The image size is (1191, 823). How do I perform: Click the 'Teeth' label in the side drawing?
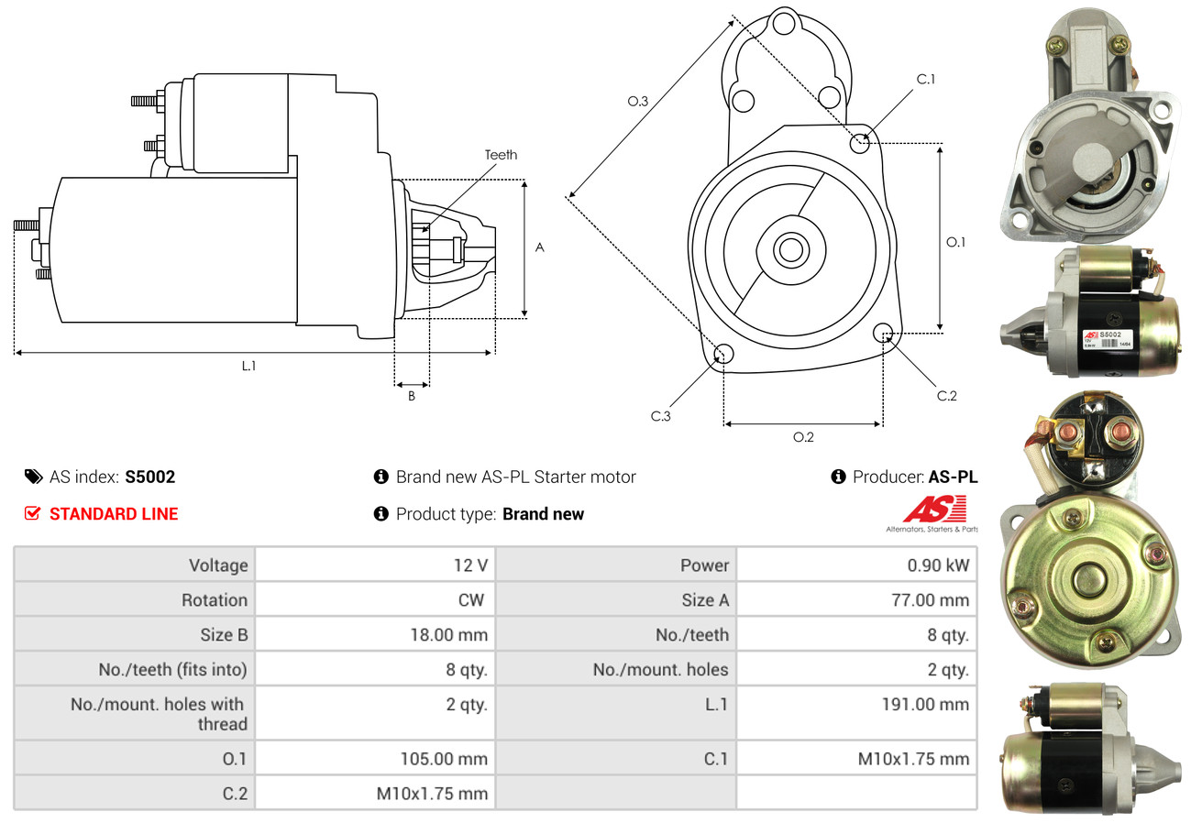coord(501,155)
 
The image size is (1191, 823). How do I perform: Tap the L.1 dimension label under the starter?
coord(248,366)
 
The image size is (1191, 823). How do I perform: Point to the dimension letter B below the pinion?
coord(412,396)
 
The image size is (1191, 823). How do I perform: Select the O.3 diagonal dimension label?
coord(638,102)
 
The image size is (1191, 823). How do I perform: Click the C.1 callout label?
coord(925,79)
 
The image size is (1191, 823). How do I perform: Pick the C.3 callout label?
coord(661,416)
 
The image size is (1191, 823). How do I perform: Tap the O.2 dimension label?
coord(803,437)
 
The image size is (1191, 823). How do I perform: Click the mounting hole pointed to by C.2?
coord(884,332)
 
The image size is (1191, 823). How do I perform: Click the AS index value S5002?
coord(149,477)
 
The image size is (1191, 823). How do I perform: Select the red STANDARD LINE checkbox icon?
coord(32,513)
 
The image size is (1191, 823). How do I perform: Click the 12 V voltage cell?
coord(470,565)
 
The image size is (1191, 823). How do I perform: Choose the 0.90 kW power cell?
coord(938,565)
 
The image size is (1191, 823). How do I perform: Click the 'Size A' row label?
coord(705,600)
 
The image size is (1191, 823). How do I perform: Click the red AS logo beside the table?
coord(934,510)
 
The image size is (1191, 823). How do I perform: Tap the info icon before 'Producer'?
coord(838,477)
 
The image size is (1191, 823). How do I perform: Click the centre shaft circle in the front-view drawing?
coord(788,249)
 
